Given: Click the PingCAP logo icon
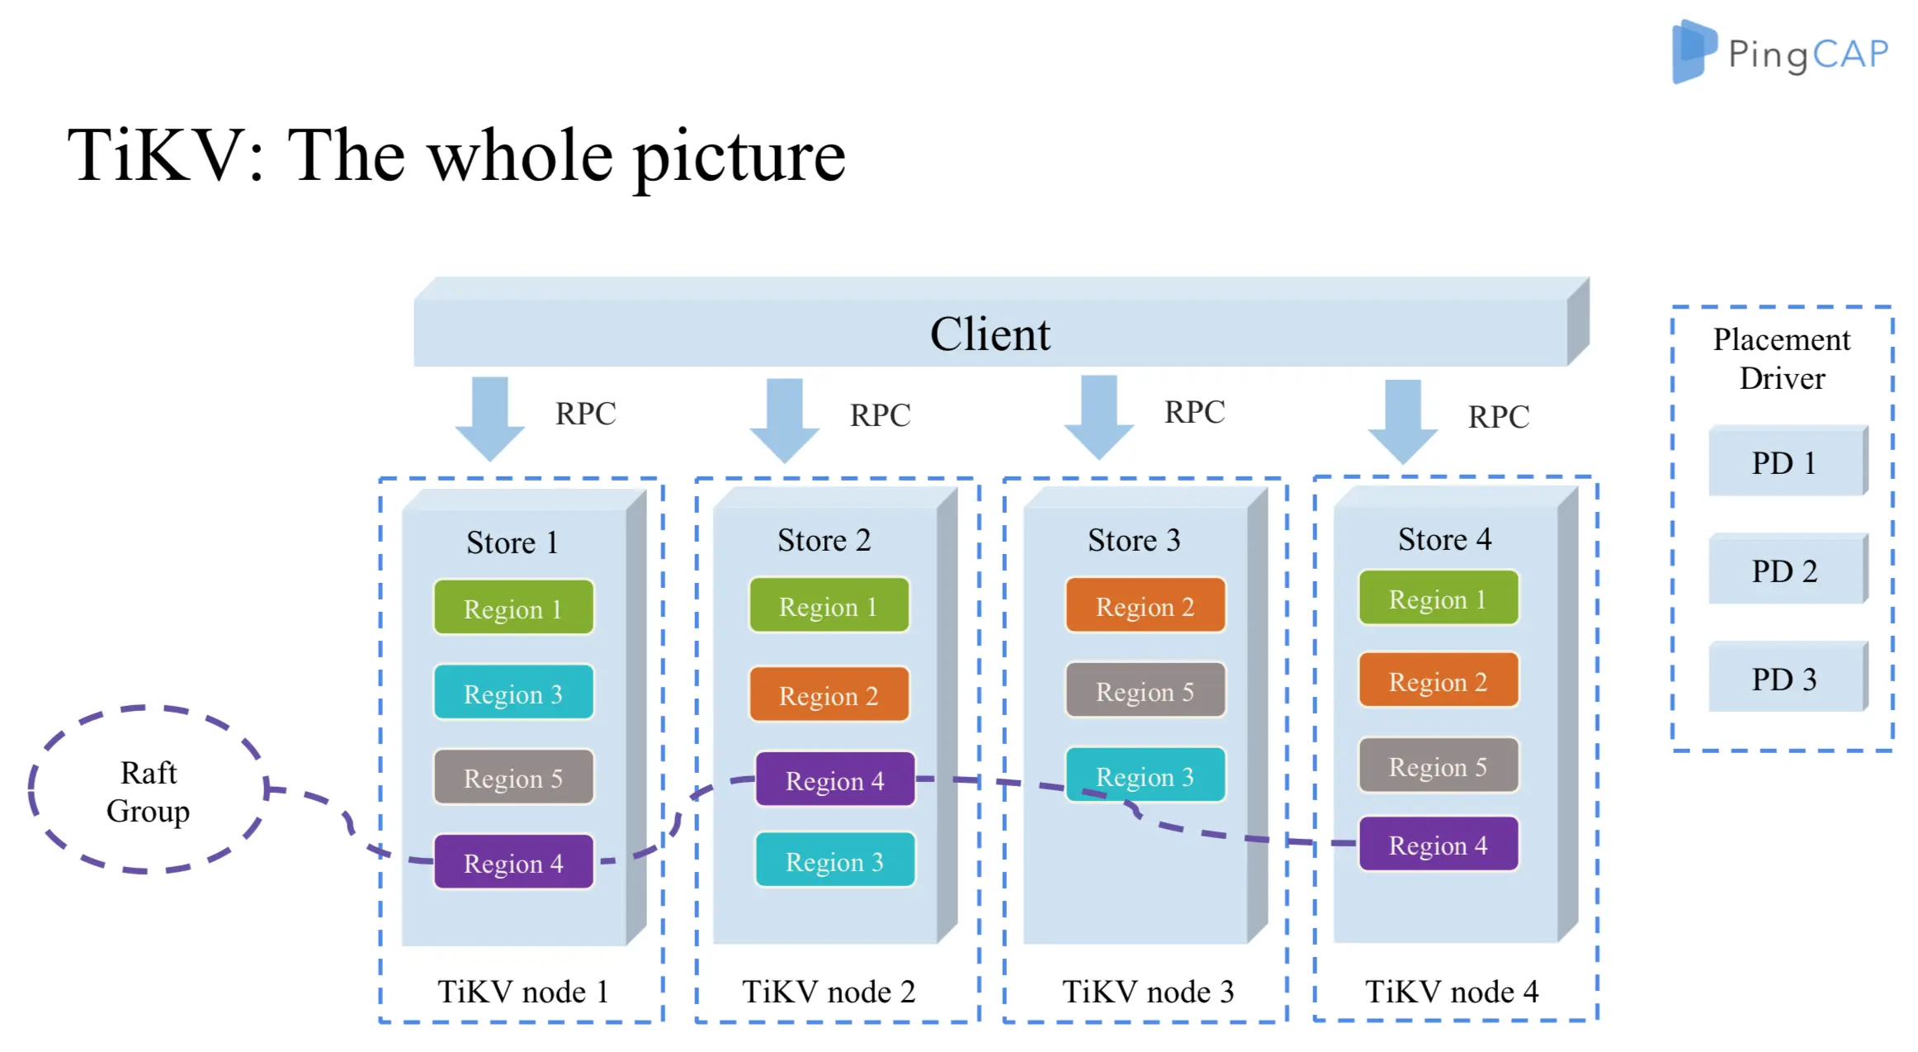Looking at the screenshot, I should coord(1693,51).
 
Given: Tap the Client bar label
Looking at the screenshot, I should coord(990,334).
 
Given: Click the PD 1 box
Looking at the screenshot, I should coord(1784,463).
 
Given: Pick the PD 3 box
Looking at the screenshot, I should coord(1784,680).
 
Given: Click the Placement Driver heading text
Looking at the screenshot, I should coord(1782,358).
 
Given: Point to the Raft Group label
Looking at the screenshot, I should coord(149,792).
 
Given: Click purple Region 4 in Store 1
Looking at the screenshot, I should coord(513,863).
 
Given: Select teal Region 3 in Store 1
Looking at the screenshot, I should coord(513,694).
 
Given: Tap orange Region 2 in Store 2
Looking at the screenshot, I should coord(829,695).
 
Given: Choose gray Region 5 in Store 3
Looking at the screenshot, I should coord(1145,691).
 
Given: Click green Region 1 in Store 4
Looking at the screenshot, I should coord(1438,599).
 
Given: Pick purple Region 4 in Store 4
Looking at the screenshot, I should coord(1438,845).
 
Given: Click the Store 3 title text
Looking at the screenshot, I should coord(1133,540).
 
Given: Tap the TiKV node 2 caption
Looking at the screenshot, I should coord(829,992).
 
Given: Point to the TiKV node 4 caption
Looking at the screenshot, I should coord(1451,992).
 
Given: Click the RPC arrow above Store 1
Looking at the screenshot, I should coord(490,418).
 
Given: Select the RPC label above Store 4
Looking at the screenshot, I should coord(1498,417).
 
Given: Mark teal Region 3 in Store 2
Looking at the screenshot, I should coord(834,861).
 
